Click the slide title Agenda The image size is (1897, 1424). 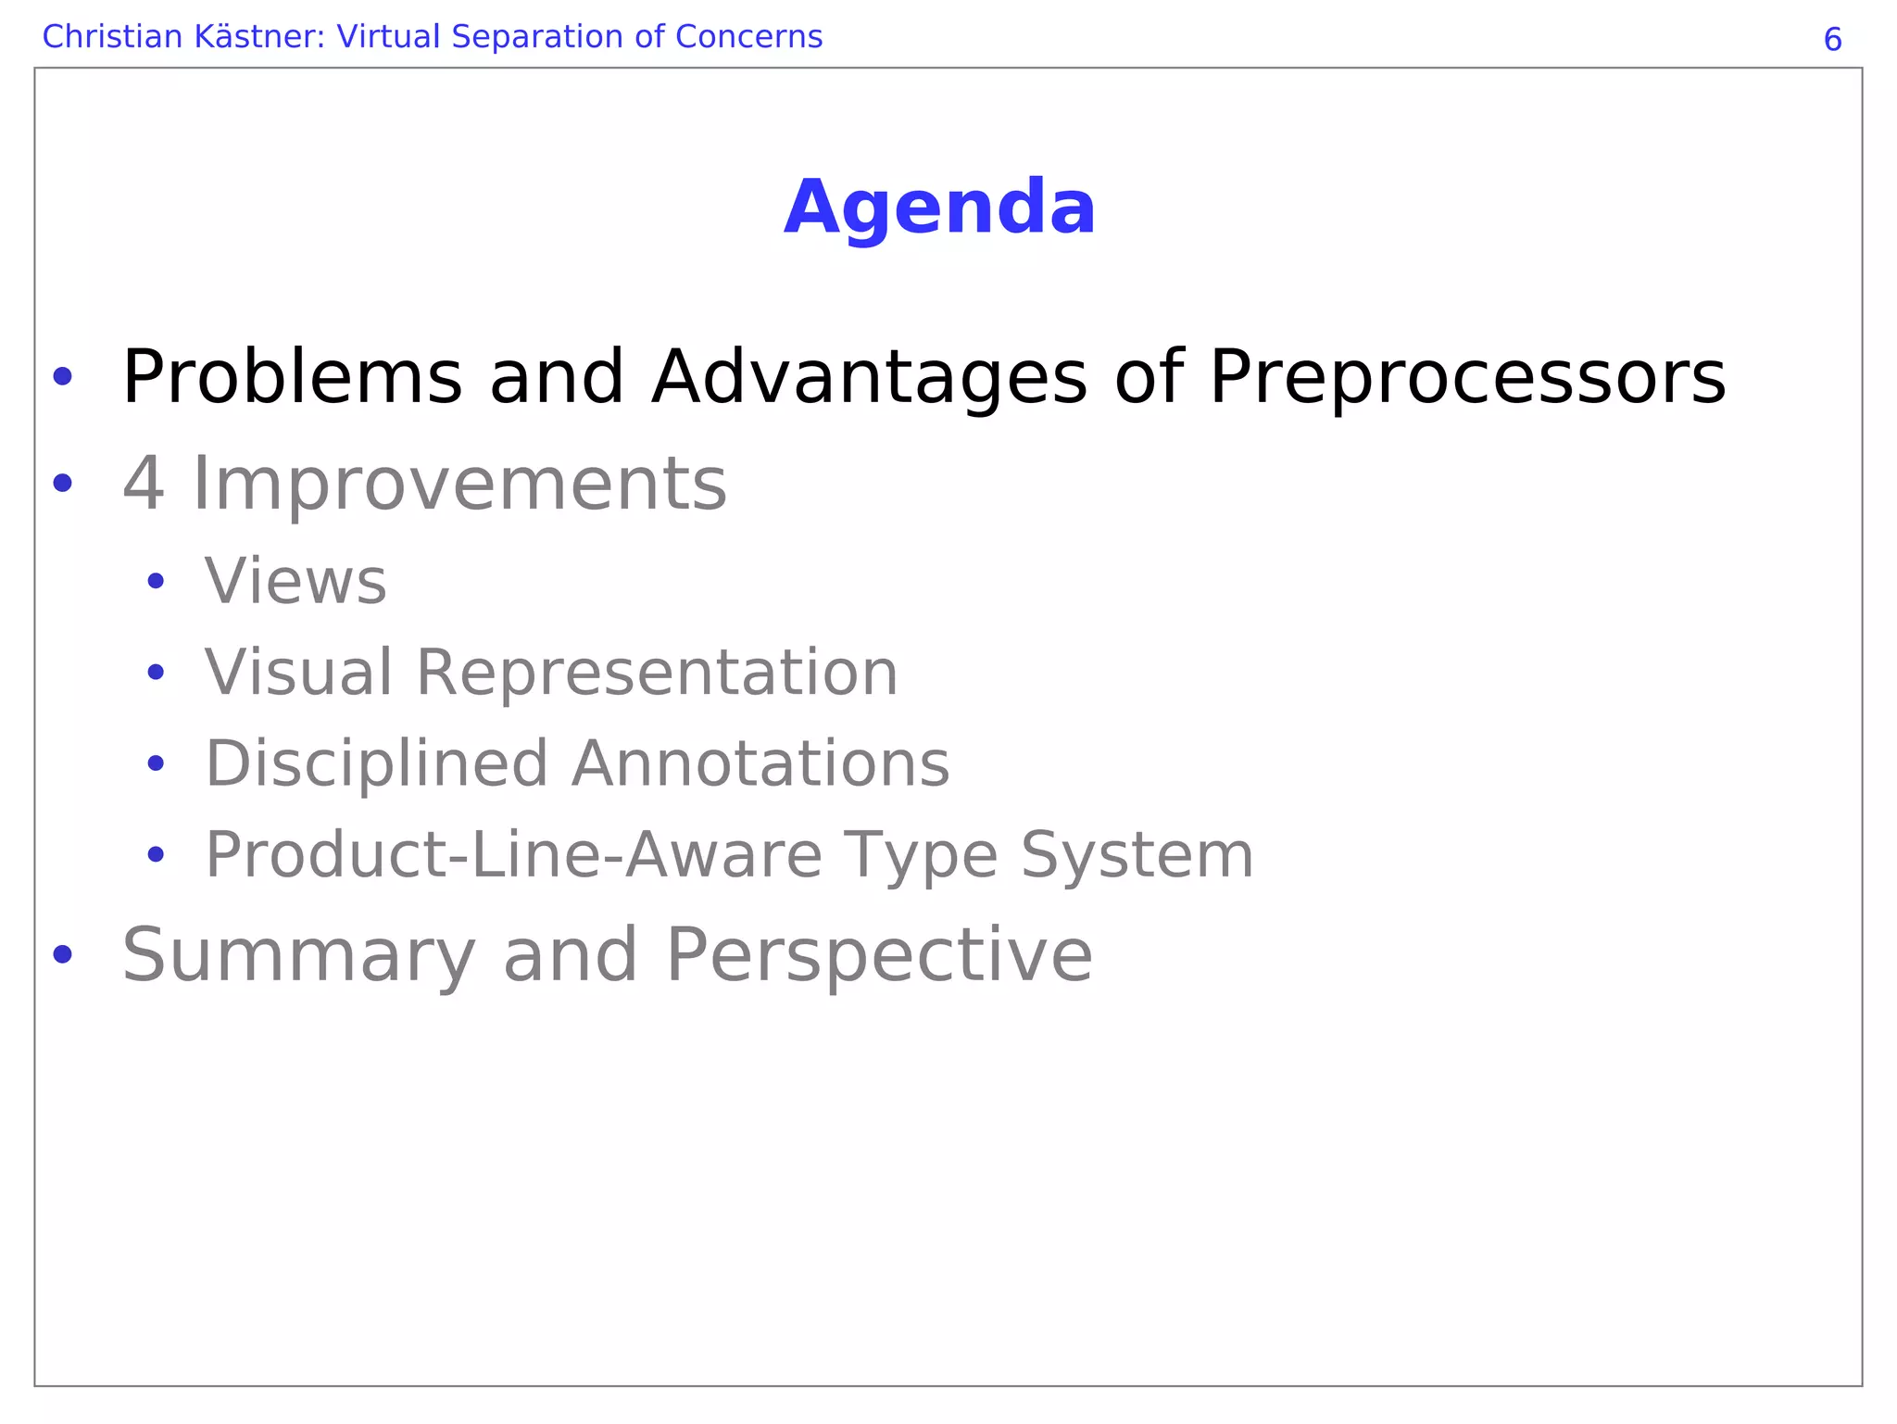[939, 208]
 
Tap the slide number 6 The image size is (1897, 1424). [1832, 40]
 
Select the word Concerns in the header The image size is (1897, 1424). [748, 37]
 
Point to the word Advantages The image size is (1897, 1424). [869, 378]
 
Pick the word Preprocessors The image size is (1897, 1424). [1467, 378]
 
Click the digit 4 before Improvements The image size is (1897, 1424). [144, 484]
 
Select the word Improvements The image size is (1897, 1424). [459, 484]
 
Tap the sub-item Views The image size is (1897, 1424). [295, 582]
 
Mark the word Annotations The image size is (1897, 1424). [760, 763]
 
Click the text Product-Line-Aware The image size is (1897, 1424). [513, 854]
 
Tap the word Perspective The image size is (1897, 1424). [879, 954]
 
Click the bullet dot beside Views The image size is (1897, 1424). [156, 582]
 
